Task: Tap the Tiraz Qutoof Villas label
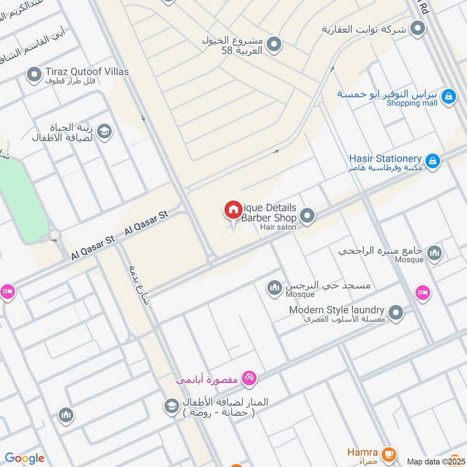point(86,72)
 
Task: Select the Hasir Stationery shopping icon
point(433,161)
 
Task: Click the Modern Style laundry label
point(336,310)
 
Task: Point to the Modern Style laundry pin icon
point(396,313)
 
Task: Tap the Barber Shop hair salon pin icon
point(308,217)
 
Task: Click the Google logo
point(25,458)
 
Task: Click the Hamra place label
point(363,452)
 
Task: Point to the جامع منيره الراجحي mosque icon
point(434,253)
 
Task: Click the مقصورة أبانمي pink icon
point(249,379)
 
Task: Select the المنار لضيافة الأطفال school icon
point(172,406)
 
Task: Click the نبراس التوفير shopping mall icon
point(448,96)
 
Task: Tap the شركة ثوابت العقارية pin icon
point(417,27)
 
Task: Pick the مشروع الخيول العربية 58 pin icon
point(274,44)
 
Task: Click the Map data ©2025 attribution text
point(435,461)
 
